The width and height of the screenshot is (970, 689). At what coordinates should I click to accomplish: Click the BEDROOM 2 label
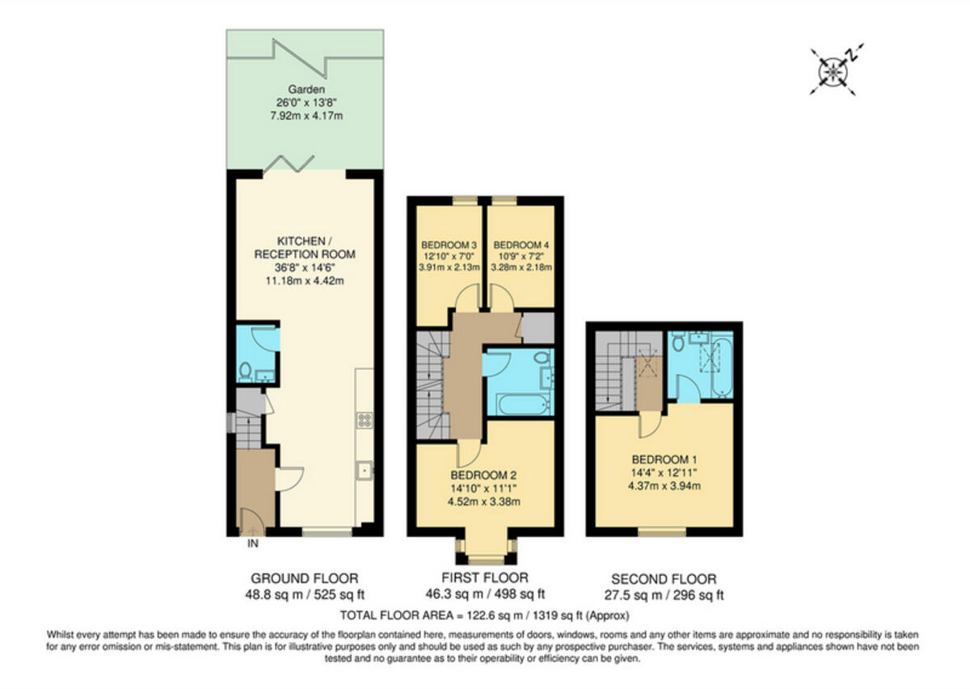[483, 475]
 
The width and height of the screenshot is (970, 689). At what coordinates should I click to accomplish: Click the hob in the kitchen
[365, 420]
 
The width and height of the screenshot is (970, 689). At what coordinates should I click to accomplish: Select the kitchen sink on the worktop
[365, 468]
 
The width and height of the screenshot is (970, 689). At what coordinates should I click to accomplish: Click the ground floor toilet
[246, 372]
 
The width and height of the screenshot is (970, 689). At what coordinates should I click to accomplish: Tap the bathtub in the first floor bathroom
[516, 404]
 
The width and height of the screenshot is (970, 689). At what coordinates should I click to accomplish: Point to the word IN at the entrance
[252, 544]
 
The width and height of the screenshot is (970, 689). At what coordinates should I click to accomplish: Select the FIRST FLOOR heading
[483, 578]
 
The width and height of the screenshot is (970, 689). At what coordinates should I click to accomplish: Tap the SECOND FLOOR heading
[664, 579]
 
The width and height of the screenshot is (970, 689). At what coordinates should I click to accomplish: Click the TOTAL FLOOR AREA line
[483, 615]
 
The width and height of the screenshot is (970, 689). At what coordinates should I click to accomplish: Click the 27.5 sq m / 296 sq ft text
[664, 595]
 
